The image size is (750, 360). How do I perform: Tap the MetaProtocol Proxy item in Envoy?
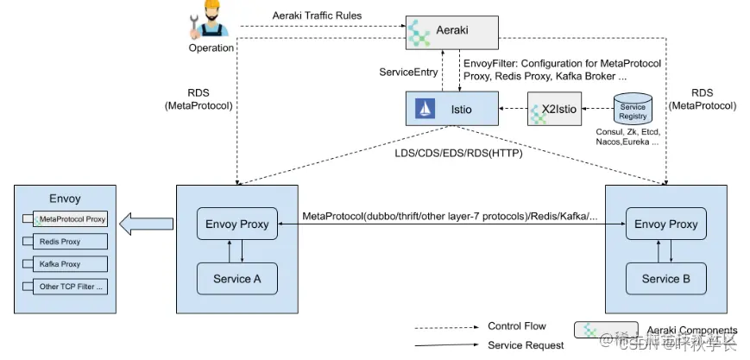pos(72,219)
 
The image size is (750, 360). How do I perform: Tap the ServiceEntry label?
pos(409,72)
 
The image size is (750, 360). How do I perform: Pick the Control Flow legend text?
pos(517,326)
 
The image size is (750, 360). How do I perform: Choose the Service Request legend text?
pos(526,345)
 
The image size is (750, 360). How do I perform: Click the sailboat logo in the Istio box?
pos(424,108)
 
